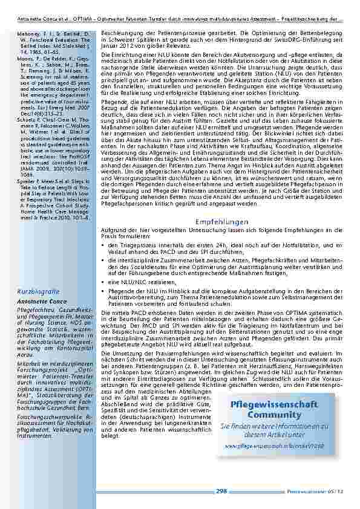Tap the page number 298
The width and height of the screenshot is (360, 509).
coord(221,491)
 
